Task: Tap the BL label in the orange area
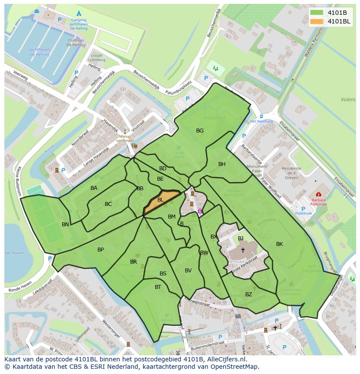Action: [x=160, y=200]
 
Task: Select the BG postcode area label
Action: [x=200, y=130]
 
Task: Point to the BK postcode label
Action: [x=280, y=244]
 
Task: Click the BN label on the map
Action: [x=65, y=225]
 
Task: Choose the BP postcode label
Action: [x=100, y=250]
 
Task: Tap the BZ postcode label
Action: [x=248, y=295]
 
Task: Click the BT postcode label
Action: [x=158, y=287]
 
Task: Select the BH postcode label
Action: [x=222, y=164]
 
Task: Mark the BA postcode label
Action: [x=94, y=188]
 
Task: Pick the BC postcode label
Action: [x=108, y=204]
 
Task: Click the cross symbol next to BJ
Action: [x=243, y=250]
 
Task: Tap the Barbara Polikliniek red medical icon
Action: [x=319, y=194]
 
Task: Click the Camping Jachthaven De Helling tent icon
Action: [x=79, y=13]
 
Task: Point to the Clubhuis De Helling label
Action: [x=76, y=42]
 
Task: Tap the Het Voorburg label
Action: [x=261, y=122]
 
